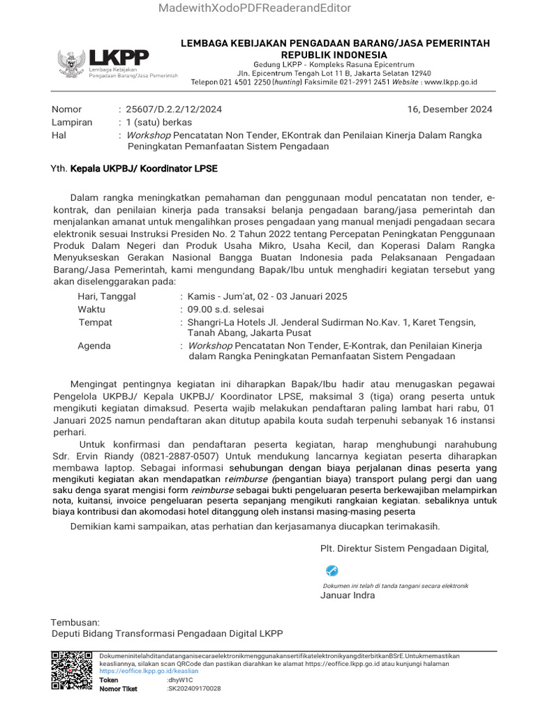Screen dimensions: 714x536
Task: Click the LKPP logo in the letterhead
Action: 117,63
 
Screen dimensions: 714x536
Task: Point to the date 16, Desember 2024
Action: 449,109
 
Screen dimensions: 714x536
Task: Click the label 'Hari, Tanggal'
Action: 107,296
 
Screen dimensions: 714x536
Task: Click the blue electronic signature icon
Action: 332,571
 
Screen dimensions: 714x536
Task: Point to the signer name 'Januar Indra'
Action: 347,595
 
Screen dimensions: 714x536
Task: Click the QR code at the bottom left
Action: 73,671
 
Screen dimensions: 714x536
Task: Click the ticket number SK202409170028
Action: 195,688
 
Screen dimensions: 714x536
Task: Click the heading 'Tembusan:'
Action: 75,621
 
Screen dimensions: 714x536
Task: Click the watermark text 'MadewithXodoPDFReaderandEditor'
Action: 255,8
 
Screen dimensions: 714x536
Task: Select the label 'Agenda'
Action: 94,346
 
